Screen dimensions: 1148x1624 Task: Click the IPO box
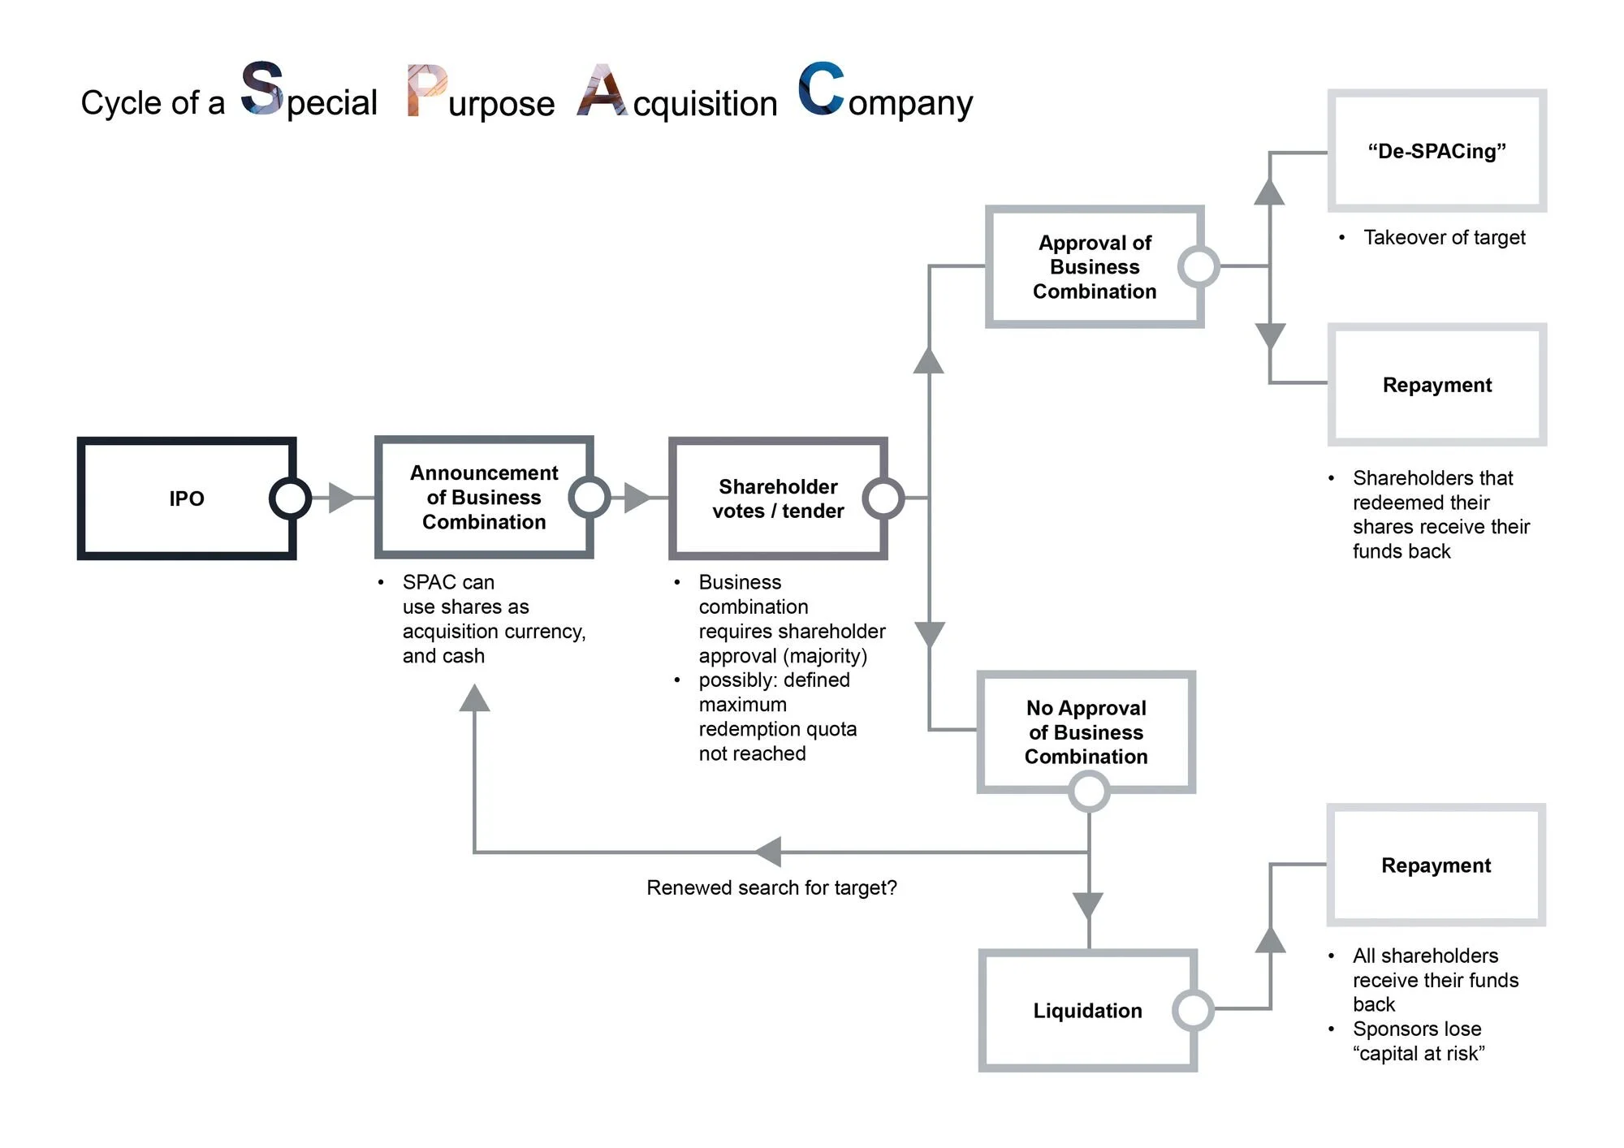pyautogui.click(x=186, y=498)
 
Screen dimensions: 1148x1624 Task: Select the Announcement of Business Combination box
pyautogui.click(x=484, y=497)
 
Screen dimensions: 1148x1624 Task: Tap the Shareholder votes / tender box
pyautogui.click(x=777, y=498)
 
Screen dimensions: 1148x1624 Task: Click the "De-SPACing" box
pyautogui.click(x=1436, y=151)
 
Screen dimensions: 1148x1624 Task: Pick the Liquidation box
pyautogui.click(x=1087, y=1010)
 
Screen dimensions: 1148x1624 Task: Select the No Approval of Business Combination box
pyautogui.click(x=1086, y=732)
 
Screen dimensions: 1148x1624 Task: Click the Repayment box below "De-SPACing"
pyautogui.click(x=1436, y=385)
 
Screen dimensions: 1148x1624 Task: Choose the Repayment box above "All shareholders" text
pyautogui.click(x=1436, y=865)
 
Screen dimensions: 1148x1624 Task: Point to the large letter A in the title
pyautogui.click(x=601, y=90)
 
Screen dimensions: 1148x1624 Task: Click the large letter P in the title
pyautogui.click(x=426, y=90)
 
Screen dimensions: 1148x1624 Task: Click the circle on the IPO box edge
pyautogui.click(x=290, y=498)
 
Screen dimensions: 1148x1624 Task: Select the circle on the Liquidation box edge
pyautogui.click(x=1193, y=1010)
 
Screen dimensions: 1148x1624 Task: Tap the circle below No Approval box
pyautogui.click(x=1088, y=792)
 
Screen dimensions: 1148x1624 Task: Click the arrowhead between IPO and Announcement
pyautogui.click(x=341, y=498)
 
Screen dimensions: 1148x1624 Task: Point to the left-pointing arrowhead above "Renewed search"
pyautogui.click(x=767, y=852)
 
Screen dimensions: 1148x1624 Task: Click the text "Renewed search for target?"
pyautogui.click(x=771, y=887)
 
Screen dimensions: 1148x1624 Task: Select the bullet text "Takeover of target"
pyautogui.click(x=1444, y=237)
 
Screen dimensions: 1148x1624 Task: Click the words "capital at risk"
pyautogui.click(x=1418, y=1053)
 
